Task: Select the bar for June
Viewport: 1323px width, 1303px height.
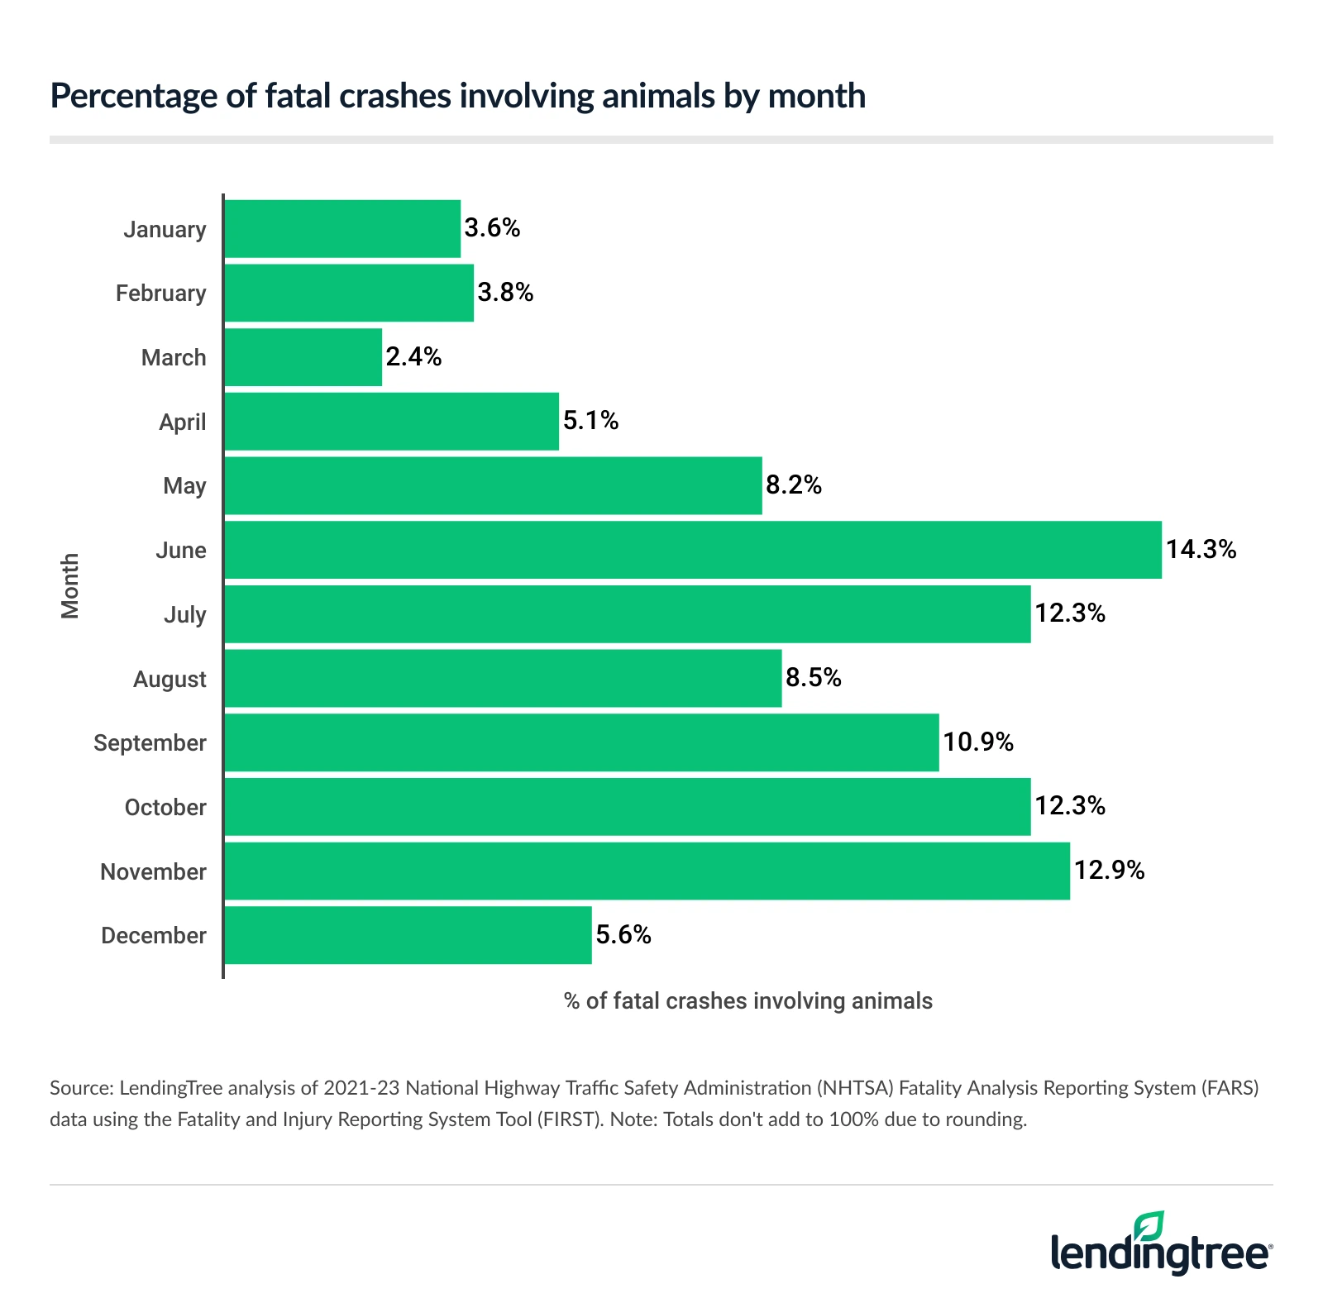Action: point(692,550)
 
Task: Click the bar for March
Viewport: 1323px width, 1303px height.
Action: point(303,357)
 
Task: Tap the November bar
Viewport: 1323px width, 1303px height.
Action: point(647,871)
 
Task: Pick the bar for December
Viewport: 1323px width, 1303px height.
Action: point(408,935)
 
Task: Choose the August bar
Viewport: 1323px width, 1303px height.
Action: point(503,678)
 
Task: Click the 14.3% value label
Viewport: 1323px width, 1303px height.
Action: point(1201,550)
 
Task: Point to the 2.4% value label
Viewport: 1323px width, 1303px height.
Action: point(413,357)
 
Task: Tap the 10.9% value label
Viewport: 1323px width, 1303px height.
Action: point(978,742)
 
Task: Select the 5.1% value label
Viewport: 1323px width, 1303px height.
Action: point(590,421)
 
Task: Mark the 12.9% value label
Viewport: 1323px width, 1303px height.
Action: point(1109,871)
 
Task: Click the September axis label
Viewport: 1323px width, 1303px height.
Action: point(150,742)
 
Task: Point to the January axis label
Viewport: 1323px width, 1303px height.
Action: point(165,229)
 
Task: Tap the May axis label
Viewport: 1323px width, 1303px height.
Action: point(184,485)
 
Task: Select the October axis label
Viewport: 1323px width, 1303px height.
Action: point(165,807)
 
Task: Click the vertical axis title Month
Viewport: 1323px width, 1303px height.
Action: point(70,585)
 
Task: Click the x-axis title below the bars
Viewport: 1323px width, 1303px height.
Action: point(747,1001)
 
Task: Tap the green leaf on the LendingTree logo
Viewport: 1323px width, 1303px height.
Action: point(1149,1225)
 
